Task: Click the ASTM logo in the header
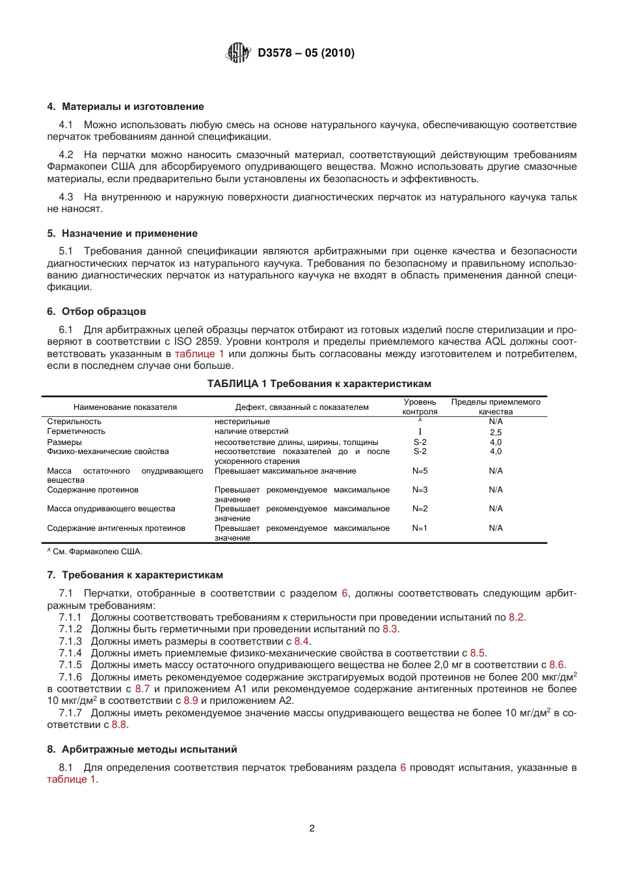(x=238, y=53)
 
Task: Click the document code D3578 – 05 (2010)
(x=306, y=53)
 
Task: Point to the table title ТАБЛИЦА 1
(x=319, y=384)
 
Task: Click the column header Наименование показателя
(x=125, y=407)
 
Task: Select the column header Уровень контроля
(x=420, y=407)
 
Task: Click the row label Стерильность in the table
(x=74, y=422)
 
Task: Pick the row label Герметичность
(x=76, y=431)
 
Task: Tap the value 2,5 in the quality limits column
(x=496, y=432)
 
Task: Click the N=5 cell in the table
(x=420, y=471)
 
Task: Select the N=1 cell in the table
(x=420, y=528)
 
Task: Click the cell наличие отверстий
(x=251, y=431)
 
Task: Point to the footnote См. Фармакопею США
(x=96, y=552)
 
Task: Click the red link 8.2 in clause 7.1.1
(x=516, y=617)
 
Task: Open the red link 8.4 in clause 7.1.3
(x=301, y=641)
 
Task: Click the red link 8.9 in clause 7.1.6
(x=191, y=701)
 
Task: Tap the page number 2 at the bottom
(x=312, y=828)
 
